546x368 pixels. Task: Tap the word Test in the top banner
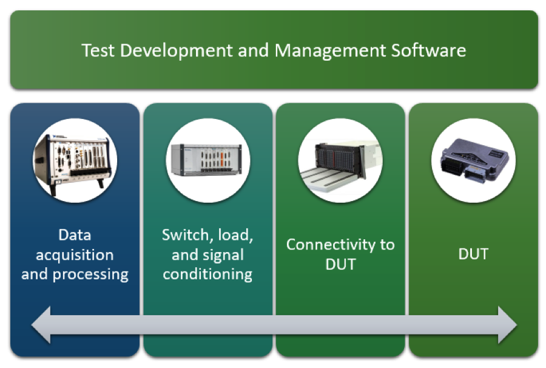point(98,50)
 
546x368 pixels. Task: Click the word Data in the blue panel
point(75,235)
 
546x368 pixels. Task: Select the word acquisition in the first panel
point(75,254)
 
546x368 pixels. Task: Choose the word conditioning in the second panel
point(207,274)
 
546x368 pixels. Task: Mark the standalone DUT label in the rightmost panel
point(473,254)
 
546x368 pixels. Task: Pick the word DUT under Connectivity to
point(340,265)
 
